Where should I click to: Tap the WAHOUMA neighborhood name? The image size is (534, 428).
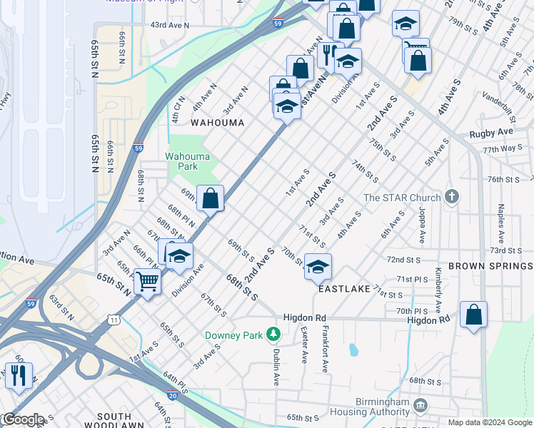(217, 123)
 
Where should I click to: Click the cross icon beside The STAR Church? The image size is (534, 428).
(451, 196)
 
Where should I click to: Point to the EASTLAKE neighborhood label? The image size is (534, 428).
(344, 289)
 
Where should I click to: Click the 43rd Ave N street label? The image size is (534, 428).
(169, 25)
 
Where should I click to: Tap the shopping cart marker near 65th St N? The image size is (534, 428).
(148, 282)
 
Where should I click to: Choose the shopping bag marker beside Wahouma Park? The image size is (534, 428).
(211, 198)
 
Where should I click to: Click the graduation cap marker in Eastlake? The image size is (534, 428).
(318, 267)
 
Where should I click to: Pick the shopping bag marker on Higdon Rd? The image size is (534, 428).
(473, 315)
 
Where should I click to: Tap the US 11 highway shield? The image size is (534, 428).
(114, 320)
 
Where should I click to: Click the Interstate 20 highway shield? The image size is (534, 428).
(172, 394)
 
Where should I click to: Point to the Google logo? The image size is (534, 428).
(23, 419)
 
